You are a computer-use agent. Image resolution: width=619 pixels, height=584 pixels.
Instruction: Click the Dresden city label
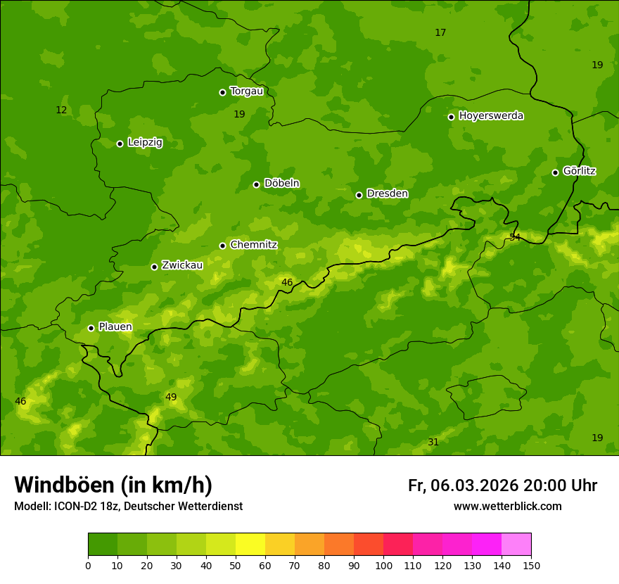point(387,193)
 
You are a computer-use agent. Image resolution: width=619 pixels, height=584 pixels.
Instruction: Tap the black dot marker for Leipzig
point(120,144)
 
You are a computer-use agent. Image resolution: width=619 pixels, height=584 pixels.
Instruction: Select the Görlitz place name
point(579,171)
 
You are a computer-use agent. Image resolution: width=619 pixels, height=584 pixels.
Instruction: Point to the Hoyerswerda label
point(491,116)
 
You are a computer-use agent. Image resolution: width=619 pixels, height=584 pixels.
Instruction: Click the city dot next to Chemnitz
point(222,246)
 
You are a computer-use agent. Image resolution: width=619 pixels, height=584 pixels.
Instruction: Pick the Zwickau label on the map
point(182,265)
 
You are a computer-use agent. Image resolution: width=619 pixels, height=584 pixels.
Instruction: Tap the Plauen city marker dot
point(91,328)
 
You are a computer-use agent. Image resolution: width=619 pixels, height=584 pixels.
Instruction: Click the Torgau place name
point(246,91)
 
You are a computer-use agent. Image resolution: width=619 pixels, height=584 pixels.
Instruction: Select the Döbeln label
point(281,184)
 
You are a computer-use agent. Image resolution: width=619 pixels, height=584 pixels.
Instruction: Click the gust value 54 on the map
point(515,238)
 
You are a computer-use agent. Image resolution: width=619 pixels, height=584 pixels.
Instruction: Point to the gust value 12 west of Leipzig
point(61,110)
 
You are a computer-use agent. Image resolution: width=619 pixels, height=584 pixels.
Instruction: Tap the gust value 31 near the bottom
point(433,443)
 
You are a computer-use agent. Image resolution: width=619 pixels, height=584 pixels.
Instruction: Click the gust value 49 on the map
point(171,398)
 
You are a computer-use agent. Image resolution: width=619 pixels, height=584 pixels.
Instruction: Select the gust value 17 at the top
point(440,33)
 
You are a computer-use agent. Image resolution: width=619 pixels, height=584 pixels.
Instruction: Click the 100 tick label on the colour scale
point(383,565)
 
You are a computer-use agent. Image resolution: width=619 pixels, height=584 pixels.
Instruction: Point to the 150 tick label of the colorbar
point(531,565)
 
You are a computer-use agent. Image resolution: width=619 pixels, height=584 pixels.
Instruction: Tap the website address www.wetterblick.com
point(507,507)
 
